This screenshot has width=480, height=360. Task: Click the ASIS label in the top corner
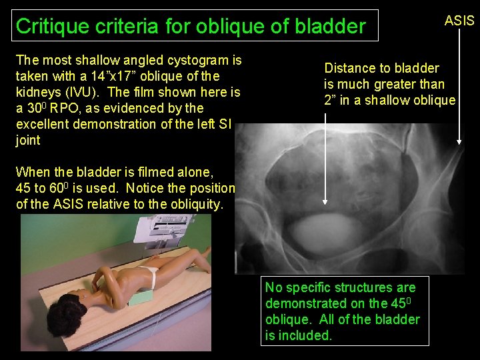[x=459, y=21]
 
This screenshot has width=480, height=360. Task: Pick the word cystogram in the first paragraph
[x=187, y=60]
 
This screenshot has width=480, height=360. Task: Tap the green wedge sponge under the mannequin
[x=140, y=298]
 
